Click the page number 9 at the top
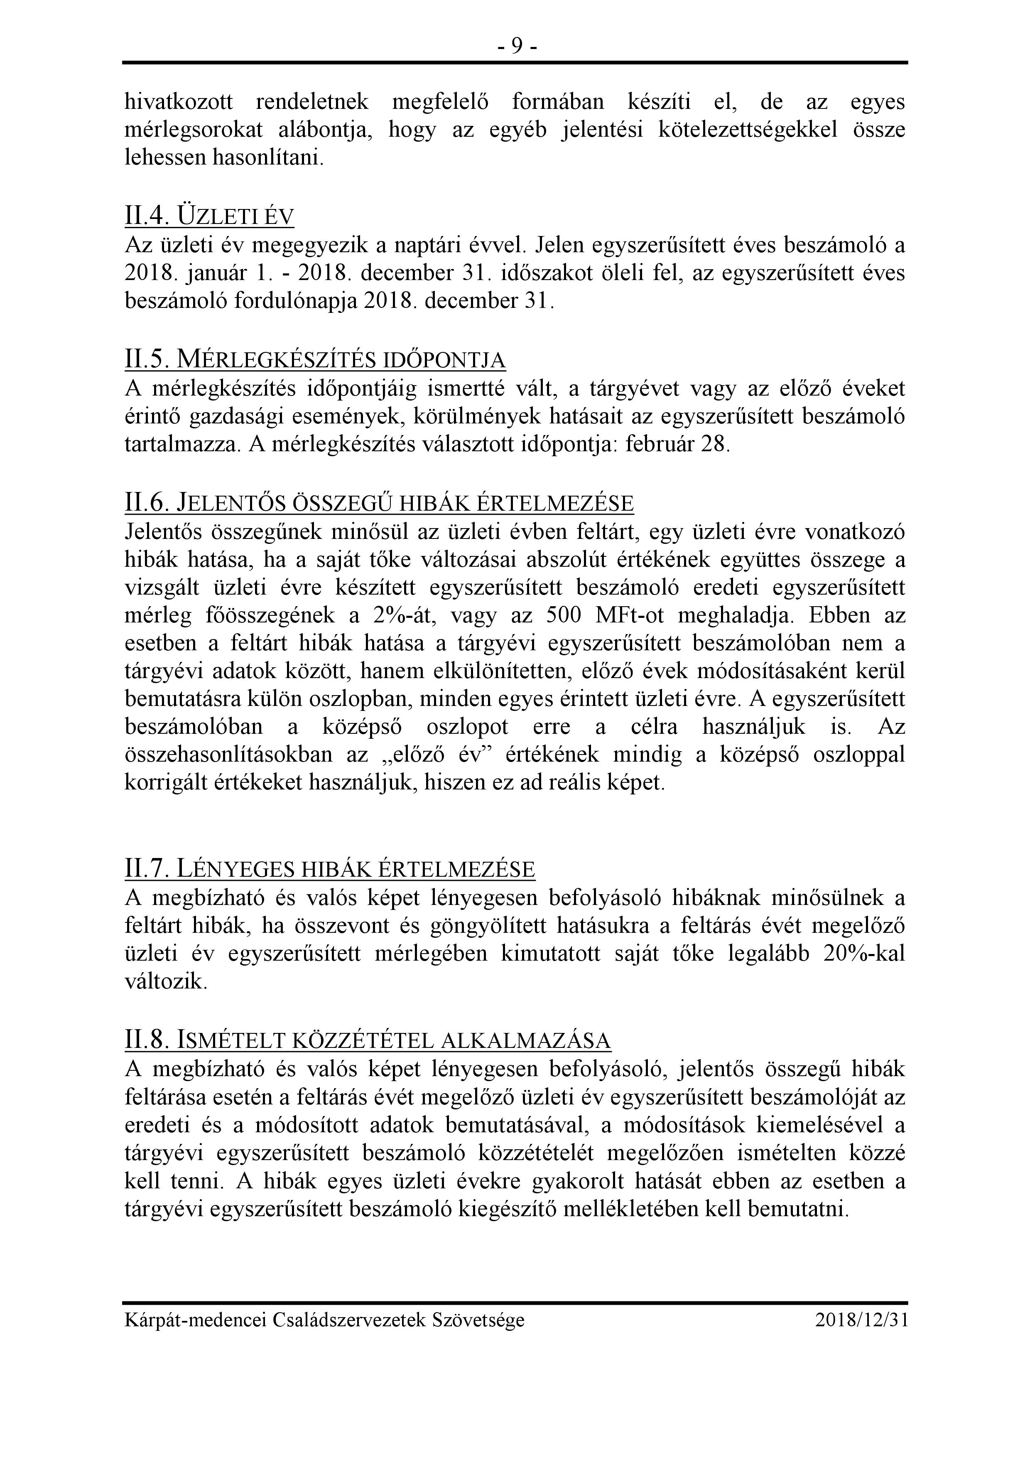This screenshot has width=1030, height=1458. (x=517, y=46)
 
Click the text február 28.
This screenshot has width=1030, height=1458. (x=677, y=444)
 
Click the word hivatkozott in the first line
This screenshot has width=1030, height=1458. (x=178, y=102)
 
